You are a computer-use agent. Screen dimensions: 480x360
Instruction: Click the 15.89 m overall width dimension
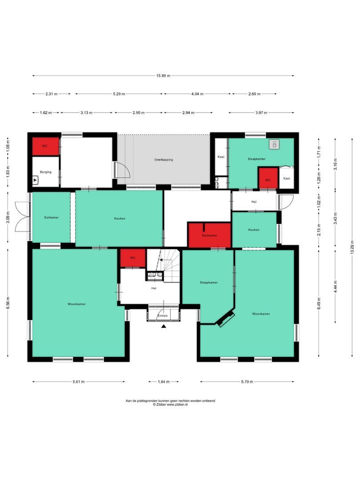click(x=163, y=76)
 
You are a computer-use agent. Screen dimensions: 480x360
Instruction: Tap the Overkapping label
click(x=164, y=160)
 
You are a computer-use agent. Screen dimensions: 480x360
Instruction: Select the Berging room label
click(x=45, y=172)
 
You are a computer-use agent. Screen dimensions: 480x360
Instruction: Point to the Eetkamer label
click(x=52, y=217)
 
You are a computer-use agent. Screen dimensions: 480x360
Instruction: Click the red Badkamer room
click(x=209, y=235)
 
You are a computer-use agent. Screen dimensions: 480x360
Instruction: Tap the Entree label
click(x=164, y=316)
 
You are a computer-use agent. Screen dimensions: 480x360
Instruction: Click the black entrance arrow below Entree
click(x=164, y=326)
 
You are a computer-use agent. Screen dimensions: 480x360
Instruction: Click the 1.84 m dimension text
click(x=164, y=381)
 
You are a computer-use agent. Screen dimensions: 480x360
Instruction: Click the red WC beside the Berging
click(x=45, y=146)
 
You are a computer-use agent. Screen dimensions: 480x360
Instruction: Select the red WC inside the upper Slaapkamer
click(x=268, y=178)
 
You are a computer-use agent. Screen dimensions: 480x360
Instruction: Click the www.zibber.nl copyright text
click(x=170, y=405)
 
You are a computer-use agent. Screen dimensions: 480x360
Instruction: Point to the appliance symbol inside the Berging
click(x=36, y=180)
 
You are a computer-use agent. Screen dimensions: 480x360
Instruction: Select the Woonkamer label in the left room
click(x=76, y=304)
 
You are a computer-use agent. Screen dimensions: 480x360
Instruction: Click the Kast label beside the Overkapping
click(x=221, y=157)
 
